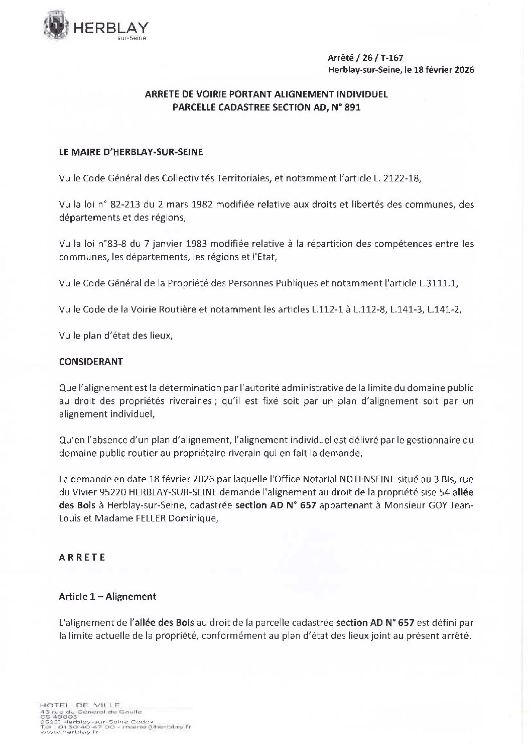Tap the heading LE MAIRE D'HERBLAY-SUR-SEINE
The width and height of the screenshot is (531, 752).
[x=131, y=152]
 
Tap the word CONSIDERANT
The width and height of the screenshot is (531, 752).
[x=91, y=362]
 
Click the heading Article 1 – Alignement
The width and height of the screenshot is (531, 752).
[x=107, y=596]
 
